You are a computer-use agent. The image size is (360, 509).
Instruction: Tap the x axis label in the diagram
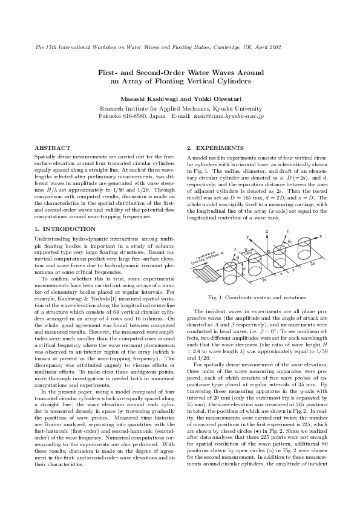(320, 236)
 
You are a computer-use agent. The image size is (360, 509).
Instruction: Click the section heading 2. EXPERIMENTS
(215, 148)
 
